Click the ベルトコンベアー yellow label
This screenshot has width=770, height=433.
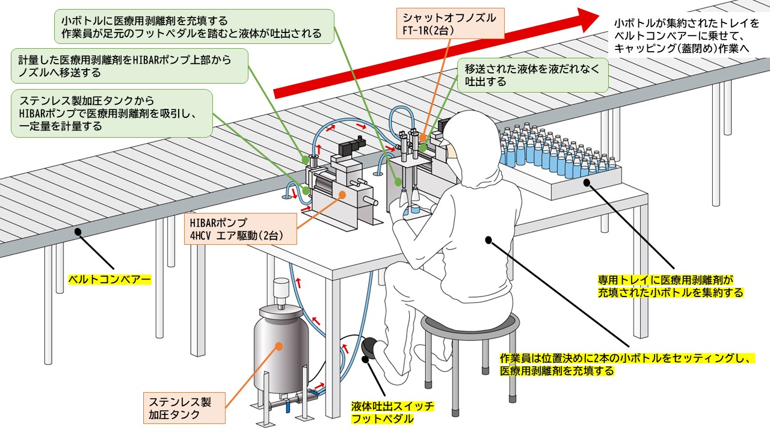[109, 280]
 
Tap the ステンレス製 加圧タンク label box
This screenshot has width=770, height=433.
[185, 407]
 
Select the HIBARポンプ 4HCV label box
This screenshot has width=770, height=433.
[241, 227]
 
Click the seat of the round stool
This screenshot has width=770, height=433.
[470, 325]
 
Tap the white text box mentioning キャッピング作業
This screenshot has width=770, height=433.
[686, 37]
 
